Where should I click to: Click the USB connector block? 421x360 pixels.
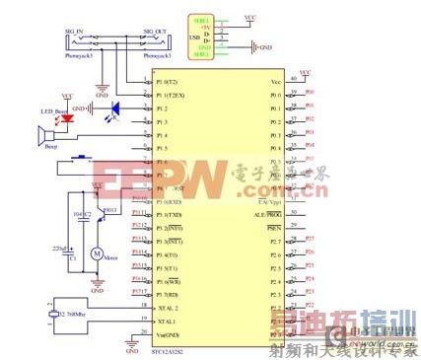click(x=202, y=36)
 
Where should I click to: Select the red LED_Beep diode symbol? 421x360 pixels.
click(x=67, y=119)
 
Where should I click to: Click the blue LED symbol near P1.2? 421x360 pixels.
click(x=115, y=108)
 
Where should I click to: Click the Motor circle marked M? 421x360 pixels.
click(x=97, y=254)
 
